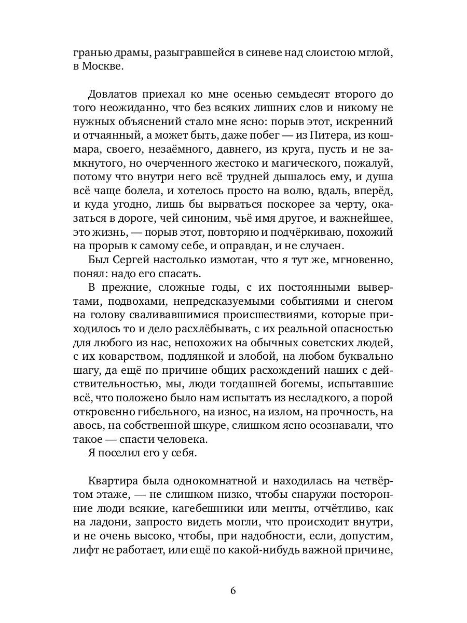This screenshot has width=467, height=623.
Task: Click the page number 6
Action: pyautogui.click(x=233, y=591)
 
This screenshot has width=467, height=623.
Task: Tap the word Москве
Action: pyautogui.click(x=101, y=67)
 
